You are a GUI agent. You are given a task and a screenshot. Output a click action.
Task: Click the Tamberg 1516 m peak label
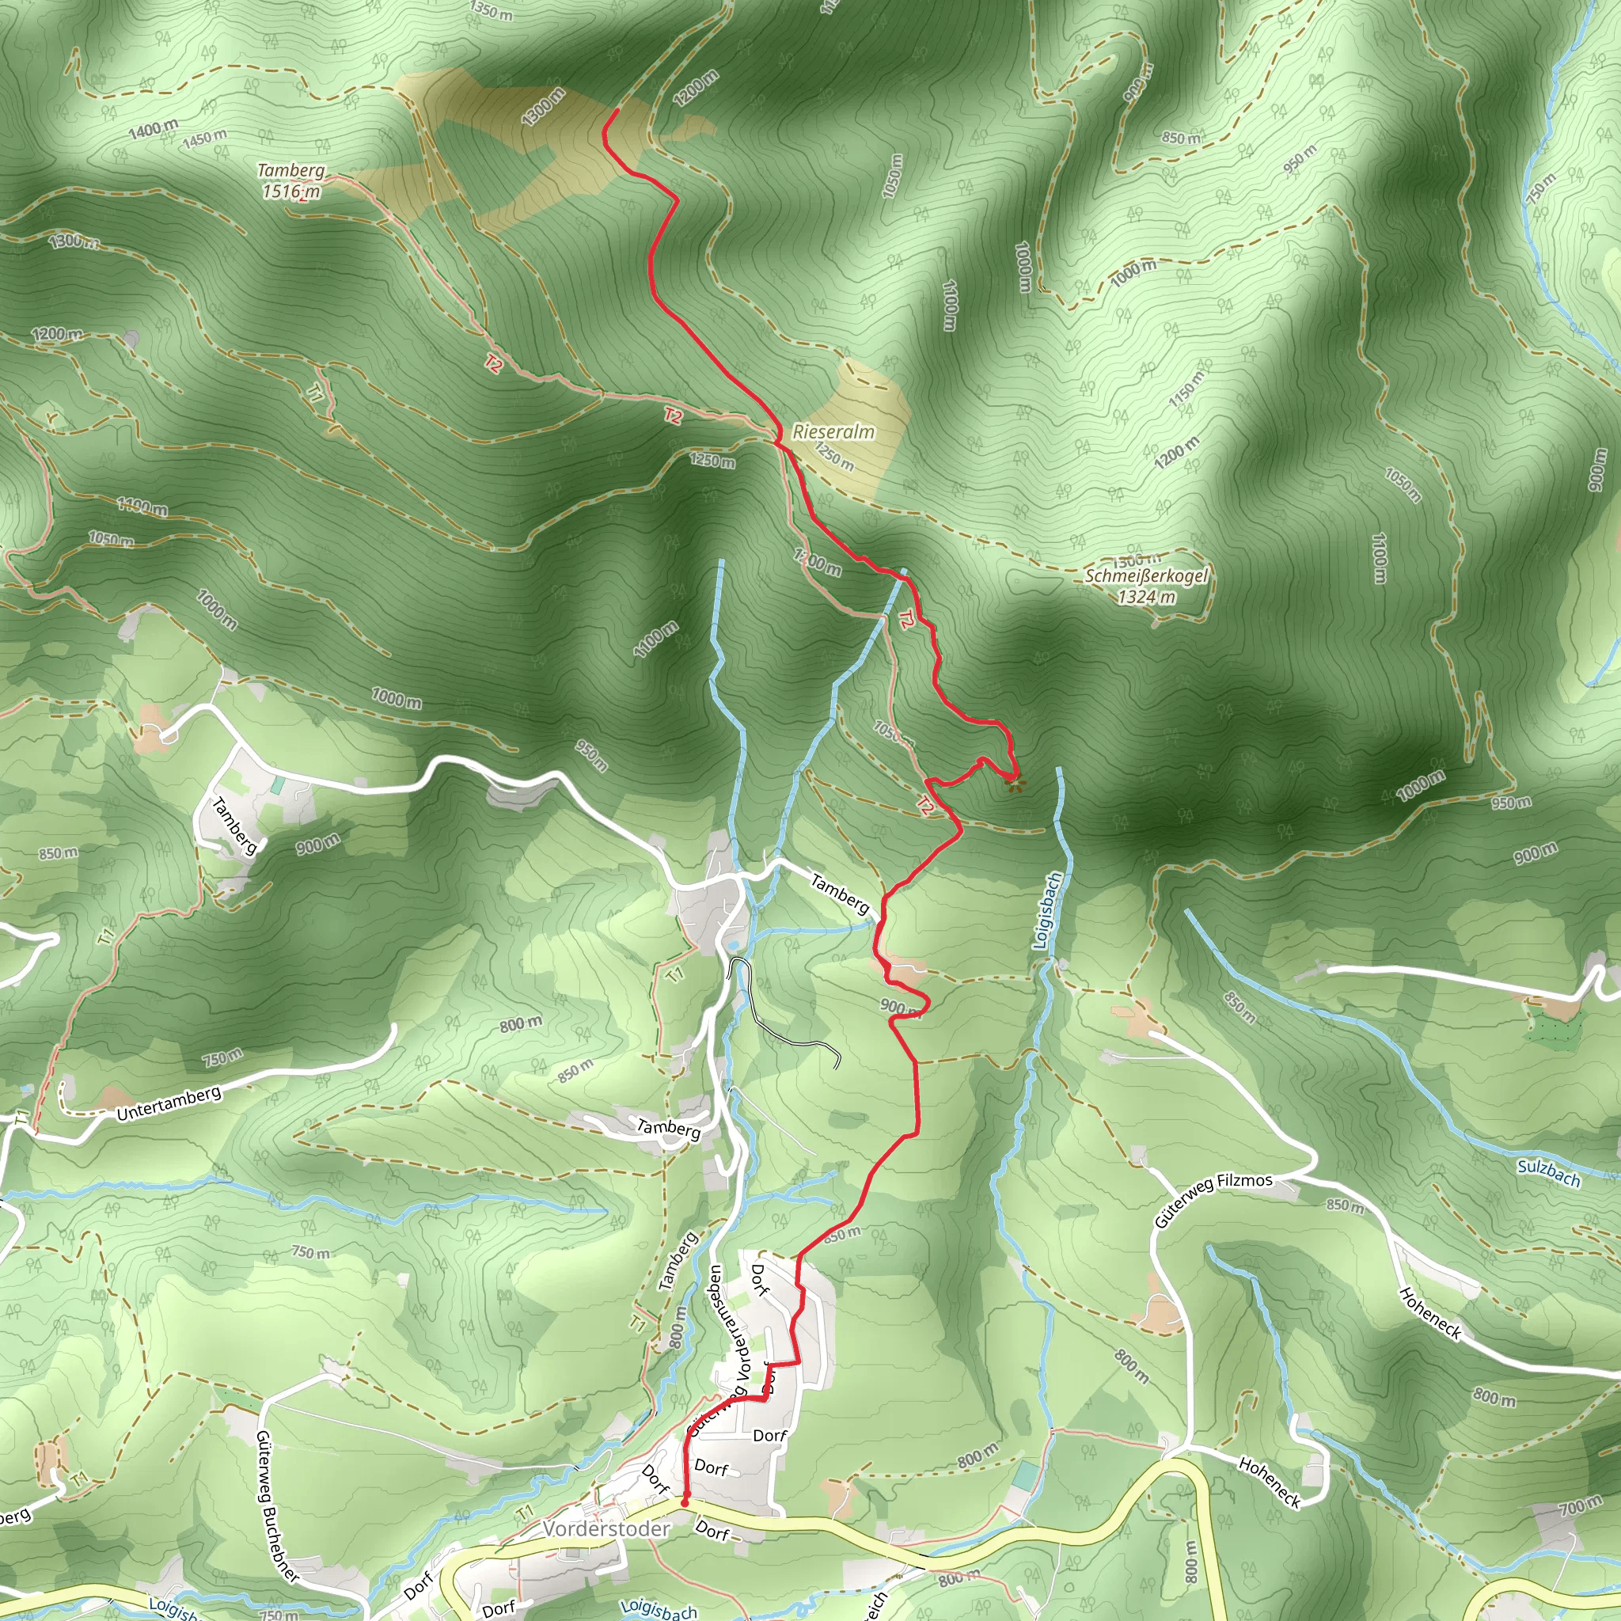tap(290, 180)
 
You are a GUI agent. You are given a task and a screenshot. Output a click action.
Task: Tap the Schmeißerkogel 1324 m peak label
tap(1146, 586)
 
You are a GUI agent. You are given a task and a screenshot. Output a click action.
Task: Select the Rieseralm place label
tap(833, 431)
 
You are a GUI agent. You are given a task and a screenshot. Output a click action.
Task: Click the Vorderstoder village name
tap(606, 1528)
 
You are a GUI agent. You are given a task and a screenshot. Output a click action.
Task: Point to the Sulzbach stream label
tap(1548, 1173)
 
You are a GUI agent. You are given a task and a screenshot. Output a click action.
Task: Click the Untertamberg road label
tap(169, 1103)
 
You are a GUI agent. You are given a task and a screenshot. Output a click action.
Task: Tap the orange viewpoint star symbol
tap(1015, 784)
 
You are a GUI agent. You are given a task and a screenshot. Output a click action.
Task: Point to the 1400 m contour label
tap(153, 129)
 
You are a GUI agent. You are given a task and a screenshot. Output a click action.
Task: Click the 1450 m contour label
tap(204, 138)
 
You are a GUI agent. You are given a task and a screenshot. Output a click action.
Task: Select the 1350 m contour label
tap(491, 10)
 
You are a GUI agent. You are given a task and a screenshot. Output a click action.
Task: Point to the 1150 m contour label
tap(1186, 388)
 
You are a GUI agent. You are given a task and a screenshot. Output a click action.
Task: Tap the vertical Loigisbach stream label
tap(1047, 910)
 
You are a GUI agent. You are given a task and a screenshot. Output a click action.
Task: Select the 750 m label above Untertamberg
tap(222, 1059)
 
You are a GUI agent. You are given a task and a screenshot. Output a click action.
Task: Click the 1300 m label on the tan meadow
tap(542, 107)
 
